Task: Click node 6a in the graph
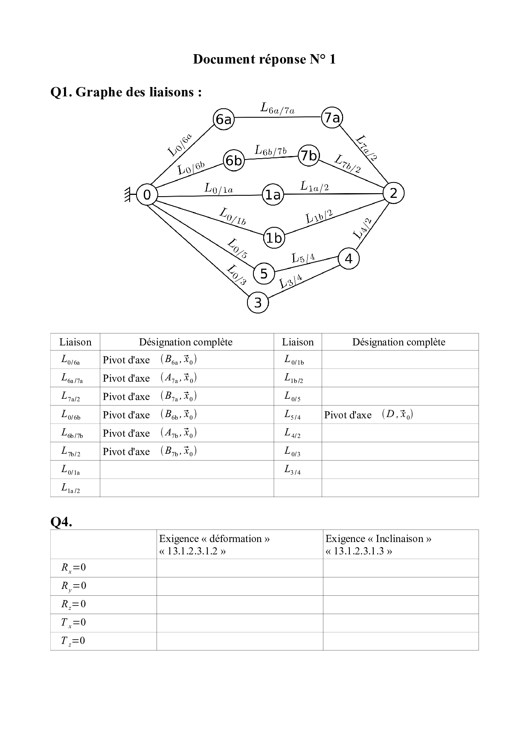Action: [224, 119]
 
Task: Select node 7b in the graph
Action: [309, 156]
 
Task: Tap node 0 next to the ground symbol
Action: [147, 195]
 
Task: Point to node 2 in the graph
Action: [393, 193]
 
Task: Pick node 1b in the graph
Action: [273, 238]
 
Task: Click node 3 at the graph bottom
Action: [258, 303]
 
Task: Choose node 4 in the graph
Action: [349, 258]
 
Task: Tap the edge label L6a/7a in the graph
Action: [277, 109]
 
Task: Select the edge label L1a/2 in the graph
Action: [314, 186]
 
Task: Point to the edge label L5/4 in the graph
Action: [303, 258]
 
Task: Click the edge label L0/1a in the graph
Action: [219, 188]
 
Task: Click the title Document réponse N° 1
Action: [264, 59]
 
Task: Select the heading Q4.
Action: [61, 521]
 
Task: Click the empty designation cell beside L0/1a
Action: [186, 470]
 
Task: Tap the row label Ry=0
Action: [73, 586]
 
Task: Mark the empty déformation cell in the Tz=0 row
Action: [239, 641]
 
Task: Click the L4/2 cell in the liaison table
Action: [297, 433]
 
